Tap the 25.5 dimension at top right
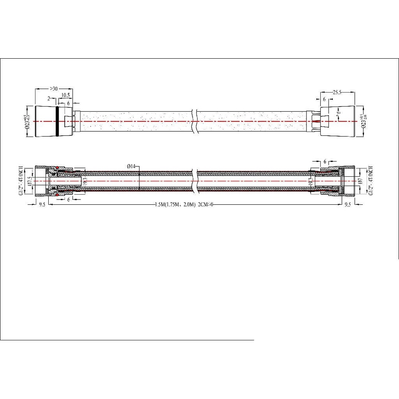[x=337, y=92]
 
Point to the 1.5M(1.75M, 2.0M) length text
[x=175, y=205]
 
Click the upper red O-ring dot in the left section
[x=57, y=167]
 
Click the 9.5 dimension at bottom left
[x=41, y=205]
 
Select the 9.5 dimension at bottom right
[x=348, y=205]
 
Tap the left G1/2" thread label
[x=21, y=180]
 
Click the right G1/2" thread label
[x=370, y=180]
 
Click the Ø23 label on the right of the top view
[x=363, y=121]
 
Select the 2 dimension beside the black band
[x=49, y=98]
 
